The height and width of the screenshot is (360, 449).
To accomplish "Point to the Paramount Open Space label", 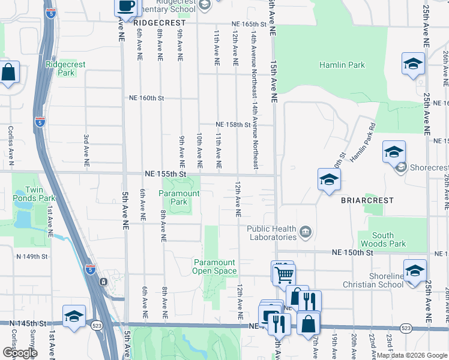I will pyautogui.click(x=214, y=266).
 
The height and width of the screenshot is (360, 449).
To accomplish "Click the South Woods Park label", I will pyautogui.click(x=382, y=239).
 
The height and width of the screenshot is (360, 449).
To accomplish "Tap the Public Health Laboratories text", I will pyautogui.click(x=272, y=233).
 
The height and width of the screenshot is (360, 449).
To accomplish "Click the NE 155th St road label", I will pyautogui.click(x=166, y=173).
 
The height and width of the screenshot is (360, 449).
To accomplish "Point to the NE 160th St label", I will pyautogui.click(x=147, y=98).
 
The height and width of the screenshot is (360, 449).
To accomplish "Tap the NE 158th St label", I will pyautogui.click(x=234, y=125).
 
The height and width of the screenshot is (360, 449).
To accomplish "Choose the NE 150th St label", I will pyautogui.click(x=353, y=253).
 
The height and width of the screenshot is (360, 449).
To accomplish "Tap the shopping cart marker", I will pyautogui.click(x=284, y=274).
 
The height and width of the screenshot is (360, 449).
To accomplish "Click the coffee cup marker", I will pyautogui.click(x=125, y=7).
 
